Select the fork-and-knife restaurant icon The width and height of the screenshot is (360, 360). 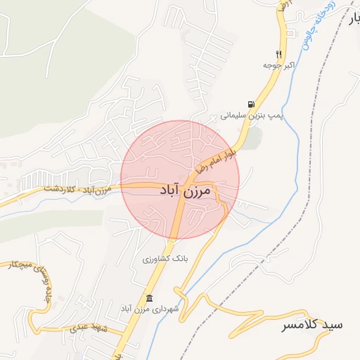click(x=279, y=54)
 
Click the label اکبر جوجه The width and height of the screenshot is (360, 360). click(x=277, y=65)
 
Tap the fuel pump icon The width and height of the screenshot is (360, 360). click(x=251, y=103)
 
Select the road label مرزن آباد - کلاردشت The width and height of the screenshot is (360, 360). click(x=77, y=189)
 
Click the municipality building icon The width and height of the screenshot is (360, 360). click(x=148, y=297)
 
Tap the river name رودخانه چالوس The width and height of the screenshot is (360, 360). click(x=318, y=28)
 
